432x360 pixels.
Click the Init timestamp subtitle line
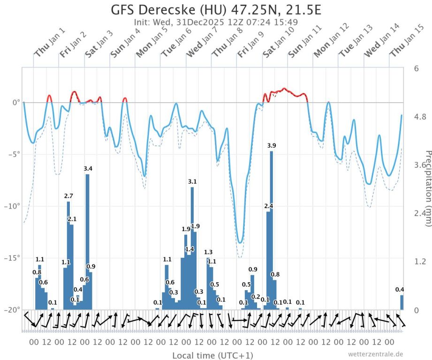point(215,22)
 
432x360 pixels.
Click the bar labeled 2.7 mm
point(68,253)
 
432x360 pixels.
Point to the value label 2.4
point(269,206)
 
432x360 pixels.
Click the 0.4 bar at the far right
point(402,302)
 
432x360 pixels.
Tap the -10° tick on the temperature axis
point(13,206)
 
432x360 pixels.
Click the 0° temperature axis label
point(15,102)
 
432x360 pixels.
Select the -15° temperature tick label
point(13,258)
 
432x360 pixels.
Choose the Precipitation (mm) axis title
point(427,187)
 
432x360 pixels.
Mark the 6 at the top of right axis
point(416,68)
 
